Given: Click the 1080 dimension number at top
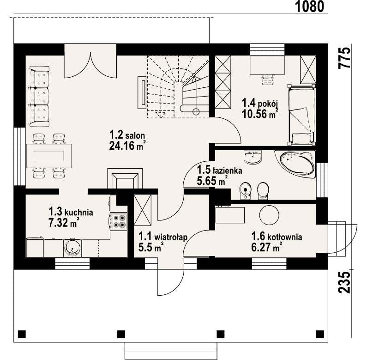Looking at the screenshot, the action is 310,6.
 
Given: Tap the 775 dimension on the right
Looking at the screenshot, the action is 345,58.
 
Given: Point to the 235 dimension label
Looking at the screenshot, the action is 345,282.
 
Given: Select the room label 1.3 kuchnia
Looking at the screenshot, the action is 71,211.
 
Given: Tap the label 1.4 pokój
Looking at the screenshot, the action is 260,103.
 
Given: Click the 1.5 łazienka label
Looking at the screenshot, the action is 219,170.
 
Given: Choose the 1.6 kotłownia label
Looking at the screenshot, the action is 277,237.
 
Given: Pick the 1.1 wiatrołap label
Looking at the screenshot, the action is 163,237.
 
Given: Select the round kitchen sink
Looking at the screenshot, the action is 72,248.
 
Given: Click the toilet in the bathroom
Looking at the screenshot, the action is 263,190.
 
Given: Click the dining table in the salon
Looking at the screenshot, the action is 48,156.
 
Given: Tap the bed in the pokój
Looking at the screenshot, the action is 301,115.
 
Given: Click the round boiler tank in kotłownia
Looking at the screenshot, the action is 269,215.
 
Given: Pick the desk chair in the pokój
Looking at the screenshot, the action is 268,79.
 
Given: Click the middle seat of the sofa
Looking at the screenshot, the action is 39,96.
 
